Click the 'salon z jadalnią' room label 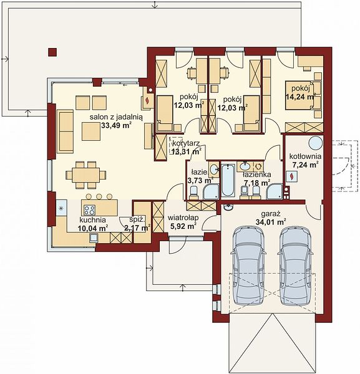pyautogui.click(x=116, y=117)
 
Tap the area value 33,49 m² pyautogui.click(x=116, y=125)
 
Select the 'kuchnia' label pyautogui.click(x=92, y=219)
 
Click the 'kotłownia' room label pyautogui.click(x=305, y=156)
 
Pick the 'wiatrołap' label pyautogui.click(x=183, y=218)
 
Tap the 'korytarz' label pyautogui.click(x=186, y=144)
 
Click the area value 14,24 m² pyautogui.click(x=300, y=97)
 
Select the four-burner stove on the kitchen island pyautogui.click(x=89, y=210)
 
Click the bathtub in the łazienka pyautogui.click(x=228, y=180)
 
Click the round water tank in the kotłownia pyautogui.click(x=316, y=143)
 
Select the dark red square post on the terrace pyautogui.click(x=52, y=52)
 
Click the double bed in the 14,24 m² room pyautogui.click(x=300, y=95)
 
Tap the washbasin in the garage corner pyautogui.click(x=229, y=208)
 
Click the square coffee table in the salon pyautogui.click(x=91, y=132)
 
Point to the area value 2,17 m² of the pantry pyautogui.click(x=137, y=228)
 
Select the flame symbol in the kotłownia pyautogui.click(x=291, y=176)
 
